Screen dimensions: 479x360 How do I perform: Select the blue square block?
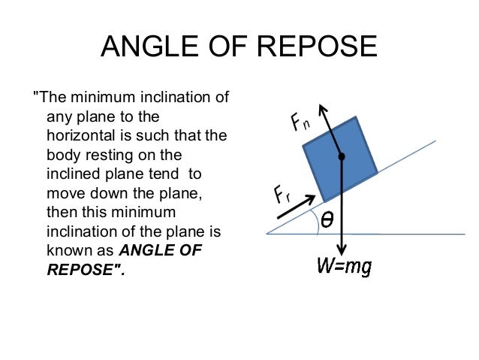[x=338, y=159]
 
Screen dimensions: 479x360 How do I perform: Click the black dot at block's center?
[x=342, y=157]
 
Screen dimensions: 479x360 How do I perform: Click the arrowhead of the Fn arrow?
[x=324, y=110]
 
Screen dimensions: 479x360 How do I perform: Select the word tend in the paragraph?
[x=166, y=174]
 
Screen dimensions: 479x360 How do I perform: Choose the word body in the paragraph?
[x=62, y=156]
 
